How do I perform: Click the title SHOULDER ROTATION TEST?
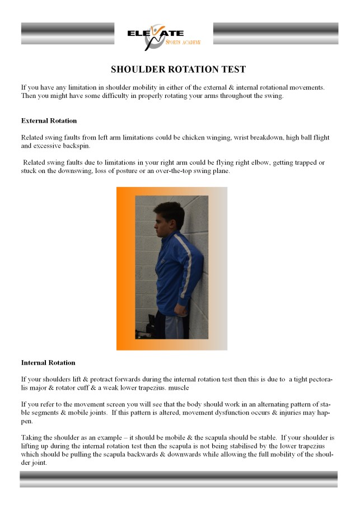(178, 70)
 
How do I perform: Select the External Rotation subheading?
(49, 121)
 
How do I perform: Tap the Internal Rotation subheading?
(48, 363)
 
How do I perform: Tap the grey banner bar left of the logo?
(67, 34)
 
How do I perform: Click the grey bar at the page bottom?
(179, 479)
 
